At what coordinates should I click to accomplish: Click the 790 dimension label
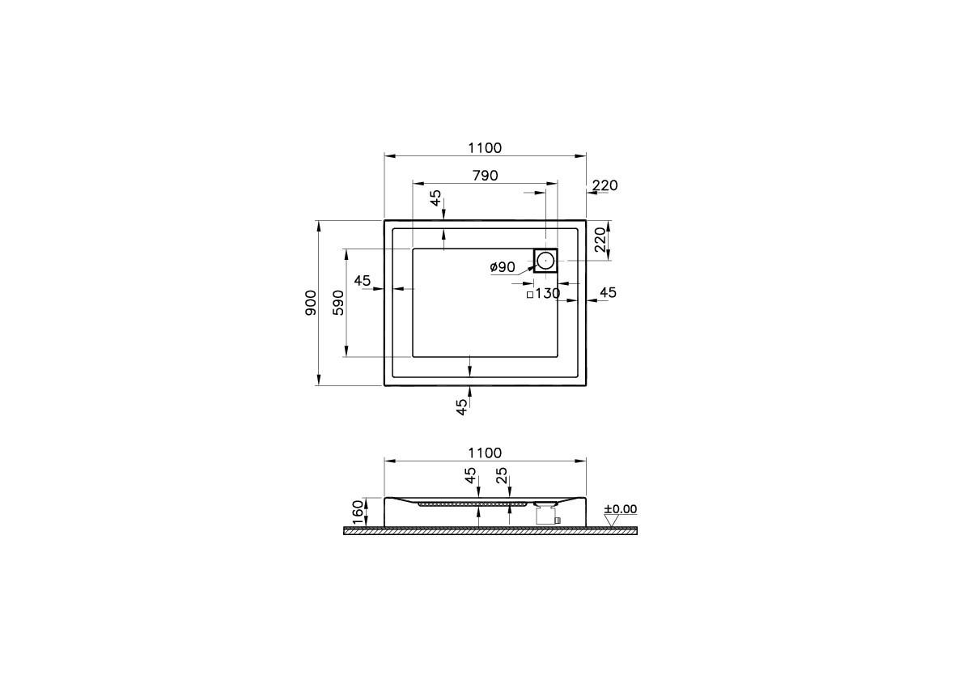pos(486,176)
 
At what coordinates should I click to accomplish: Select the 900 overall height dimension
pos(312,303)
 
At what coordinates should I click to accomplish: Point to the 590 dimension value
pos(338,303)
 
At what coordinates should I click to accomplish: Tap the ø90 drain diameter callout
pos(503,267)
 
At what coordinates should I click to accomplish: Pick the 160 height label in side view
pos(358,512)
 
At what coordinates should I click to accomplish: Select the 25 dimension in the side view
pos(503,475)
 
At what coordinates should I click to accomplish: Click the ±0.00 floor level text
pos(621,509)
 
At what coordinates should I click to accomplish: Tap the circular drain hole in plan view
pos(545,261)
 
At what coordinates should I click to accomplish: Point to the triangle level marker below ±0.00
pos(612,521)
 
